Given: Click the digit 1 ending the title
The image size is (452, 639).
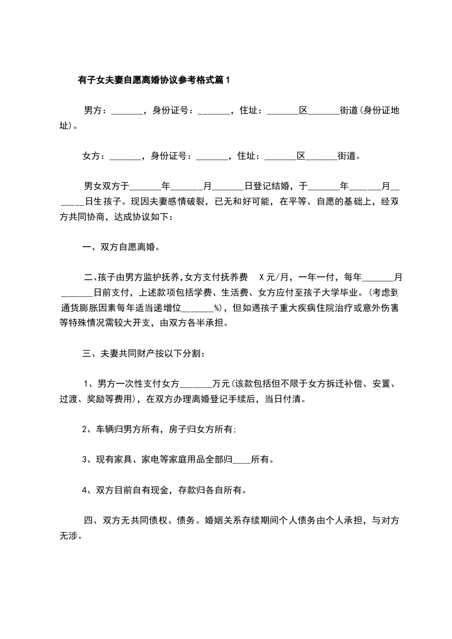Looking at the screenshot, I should pos(228,80).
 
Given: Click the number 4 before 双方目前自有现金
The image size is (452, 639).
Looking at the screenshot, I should pos(84,489).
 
